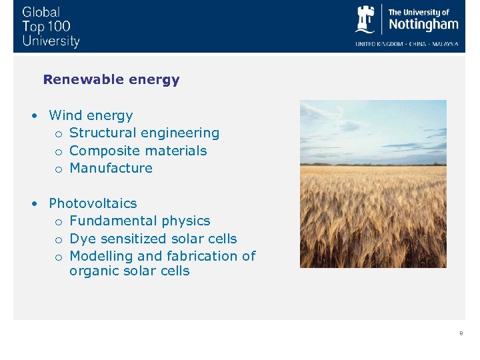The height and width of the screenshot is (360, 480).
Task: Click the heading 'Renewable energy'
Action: point(111,80)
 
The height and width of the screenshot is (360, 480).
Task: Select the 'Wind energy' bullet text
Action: point(91,116)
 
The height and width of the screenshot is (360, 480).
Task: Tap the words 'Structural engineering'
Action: point(144,133)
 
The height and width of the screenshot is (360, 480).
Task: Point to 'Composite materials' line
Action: point(138,151)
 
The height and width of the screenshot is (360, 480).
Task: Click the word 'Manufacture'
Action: point(111,168)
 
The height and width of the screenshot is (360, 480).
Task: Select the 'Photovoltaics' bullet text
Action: point(93,203)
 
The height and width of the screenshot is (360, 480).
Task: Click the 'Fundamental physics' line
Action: point(139,221)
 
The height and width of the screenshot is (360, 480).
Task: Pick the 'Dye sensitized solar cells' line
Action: point(153,239)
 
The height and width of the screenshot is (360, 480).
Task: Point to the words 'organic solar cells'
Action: point(129,271)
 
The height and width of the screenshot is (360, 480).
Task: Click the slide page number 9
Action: point(460,333)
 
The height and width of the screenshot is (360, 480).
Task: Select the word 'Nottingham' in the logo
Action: point(423,25)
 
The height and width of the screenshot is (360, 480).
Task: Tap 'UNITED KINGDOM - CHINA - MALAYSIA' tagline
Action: point(407,44)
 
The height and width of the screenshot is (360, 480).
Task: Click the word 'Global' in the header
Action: point(41,12)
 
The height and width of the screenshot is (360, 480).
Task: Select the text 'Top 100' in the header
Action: point(46,27)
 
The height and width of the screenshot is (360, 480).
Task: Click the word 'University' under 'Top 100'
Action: point(51,41)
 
